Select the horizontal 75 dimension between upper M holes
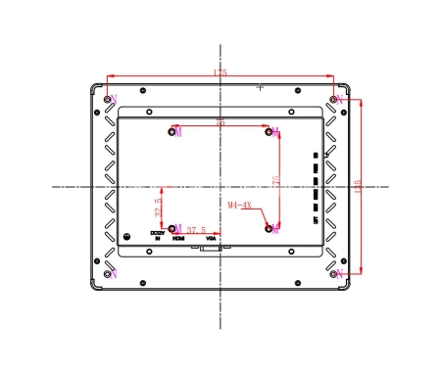pyautogui.click(x=220, y=123)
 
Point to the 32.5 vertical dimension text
pyautogui.click(x=158, y=209)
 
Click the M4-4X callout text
pyautogui.click(x=240, y=207)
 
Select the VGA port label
pyautogui.click(x=211, y=238)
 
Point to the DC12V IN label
pyautogui.click(x=157, y=235)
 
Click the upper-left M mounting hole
pyautogui.click(x=172, y=131)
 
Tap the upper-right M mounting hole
pyautogui.click(x=269, y=131)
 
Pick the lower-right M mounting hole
pyautogui.click(x=269, y=228)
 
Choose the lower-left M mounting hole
pyautogui.click(x=172, y=228)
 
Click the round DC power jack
pyautogui.click(x=126, y=236)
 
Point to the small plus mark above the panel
pyautogui.click(x=260, y=87)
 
